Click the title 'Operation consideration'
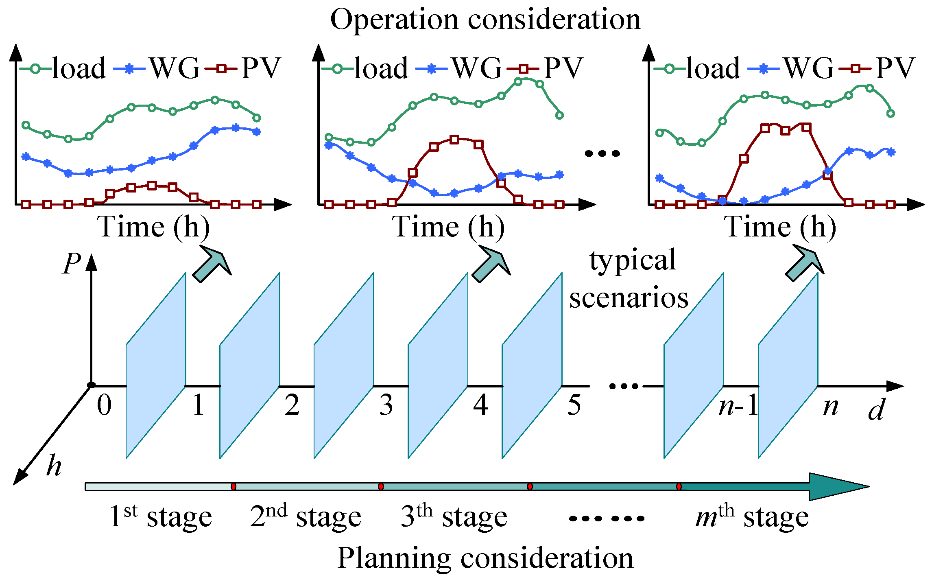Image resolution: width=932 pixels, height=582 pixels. (485, 19)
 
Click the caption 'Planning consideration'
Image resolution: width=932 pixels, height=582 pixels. (485, 558)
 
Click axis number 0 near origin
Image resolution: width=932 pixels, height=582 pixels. (104, 406)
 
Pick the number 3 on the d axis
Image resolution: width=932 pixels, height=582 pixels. (386, 406)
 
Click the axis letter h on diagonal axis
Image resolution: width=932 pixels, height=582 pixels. (54, 466)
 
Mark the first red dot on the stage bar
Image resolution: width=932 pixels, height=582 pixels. (234, 486)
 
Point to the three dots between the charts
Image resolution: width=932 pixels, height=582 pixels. (602, 153)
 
